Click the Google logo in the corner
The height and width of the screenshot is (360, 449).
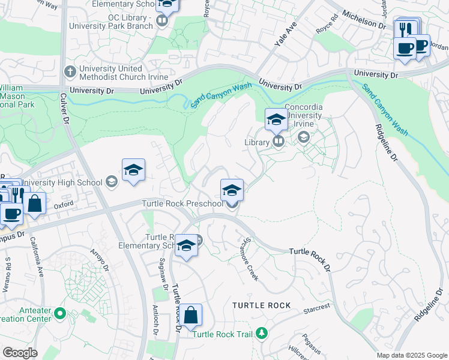coord(20,353)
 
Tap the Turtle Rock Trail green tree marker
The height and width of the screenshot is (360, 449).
coord(261,333)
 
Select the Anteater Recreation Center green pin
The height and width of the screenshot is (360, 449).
coord(59,313)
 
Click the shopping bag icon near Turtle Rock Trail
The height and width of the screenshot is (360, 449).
coord(190,315)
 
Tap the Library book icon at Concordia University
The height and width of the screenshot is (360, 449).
coord(279,142)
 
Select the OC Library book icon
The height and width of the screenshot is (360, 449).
coord(161,22)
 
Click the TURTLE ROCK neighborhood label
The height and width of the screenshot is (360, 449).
coord(262,305)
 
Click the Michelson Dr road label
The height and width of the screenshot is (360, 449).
coord(364,20)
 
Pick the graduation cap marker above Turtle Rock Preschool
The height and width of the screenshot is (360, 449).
coord(232,190)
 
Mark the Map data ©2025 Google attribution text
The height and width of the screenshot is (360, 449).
coord(412,355)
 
